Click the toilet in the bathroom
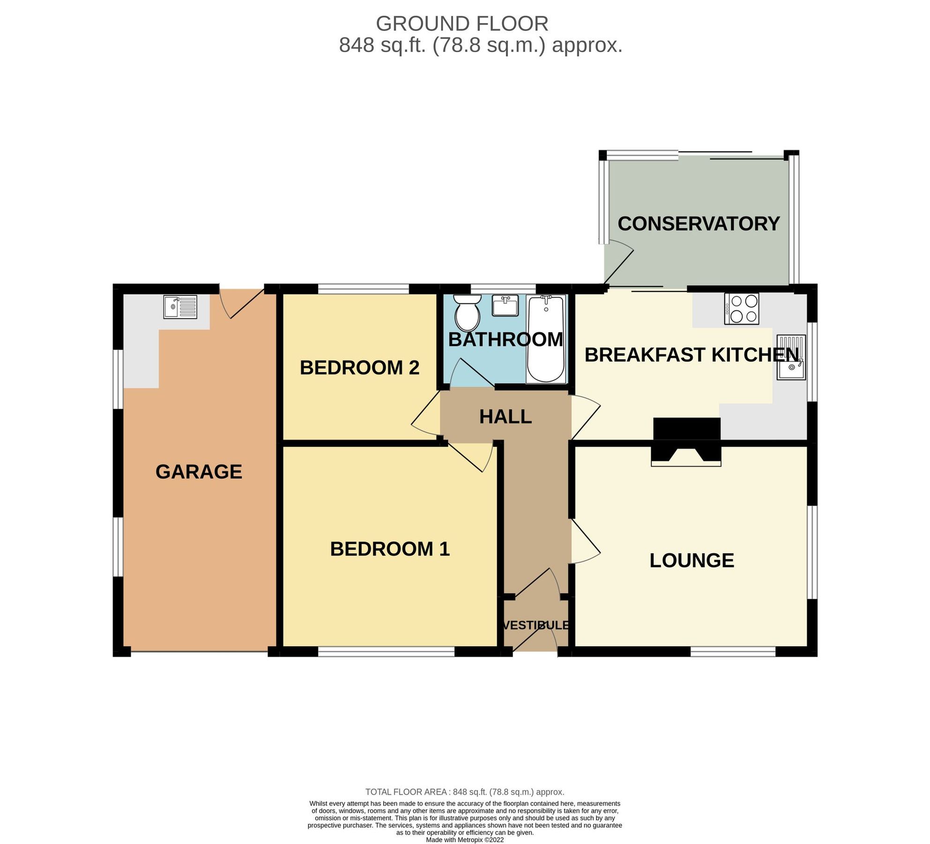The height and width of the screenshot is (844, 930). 467,313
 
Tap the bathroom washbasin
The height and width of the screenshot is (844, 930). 505,306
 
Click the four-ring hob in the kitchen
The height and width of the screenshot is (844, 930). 741,309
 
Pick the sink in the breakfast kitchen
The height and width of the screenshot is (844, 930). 791,357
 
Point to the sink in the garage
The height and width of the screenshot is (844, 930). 180,307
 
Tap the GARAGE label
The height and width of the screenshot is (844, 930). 199,472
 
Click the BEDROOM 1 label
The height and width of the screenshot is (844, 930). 390,549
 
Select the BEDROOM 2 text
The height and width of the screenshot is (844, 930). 359,368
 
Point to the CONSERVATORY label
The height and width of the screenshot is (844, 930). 698,224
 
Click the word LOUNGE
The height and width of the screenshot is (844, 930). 692,561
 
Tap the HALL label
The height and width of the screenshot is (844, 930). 505,417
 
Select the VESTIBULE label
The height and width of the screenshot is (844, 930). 536,625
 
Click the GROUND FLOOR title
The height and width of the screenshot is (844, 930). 462,24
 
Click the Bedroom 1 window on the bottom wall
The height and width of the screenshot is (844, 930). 386,652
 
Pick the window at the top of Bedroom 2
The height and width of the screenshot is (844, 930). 364,288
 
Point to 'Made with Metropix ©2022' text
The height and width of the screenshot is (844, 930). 465,840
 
